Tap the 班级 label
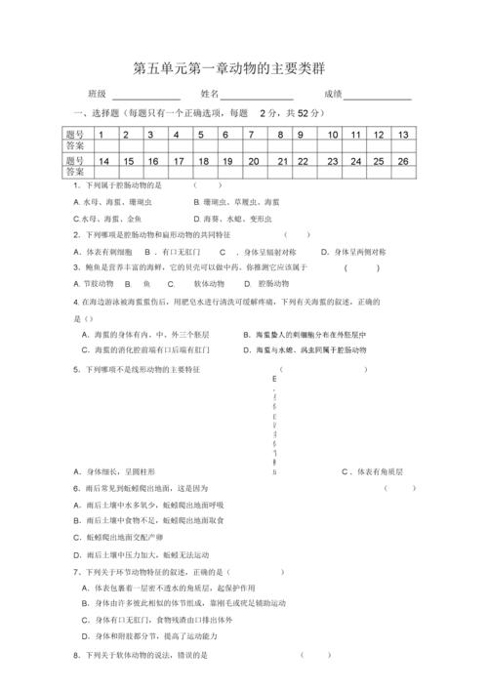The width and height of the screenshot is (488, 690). click(97, 95)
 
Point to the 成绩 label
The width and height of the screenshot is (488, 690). click(331, 95)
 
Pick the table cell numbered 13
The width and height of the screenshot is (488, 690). click(402, 135)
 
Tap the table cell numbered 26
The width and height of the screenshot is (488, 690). click(402, 160)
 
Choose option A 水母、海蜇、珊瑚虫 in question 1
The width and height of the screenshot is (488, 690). click(111, 202)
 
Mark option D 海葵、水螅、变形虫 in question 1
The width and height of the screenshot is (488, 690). click(230, 220)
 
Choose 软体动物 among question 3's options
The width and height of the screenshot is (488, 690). click(212, 283)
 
